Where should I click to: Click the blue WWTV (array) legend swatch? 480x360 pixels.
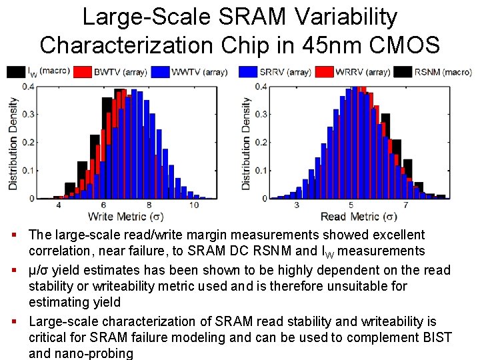[x=161, y=71]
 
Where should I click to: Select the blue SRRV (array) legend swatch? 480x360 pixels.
[x=248, y=71]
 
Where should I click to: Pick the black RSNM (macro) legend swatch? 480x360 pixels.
[x=403, y=71]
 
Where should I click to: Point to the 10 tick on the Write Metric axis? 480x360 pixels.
[x=193, y=205]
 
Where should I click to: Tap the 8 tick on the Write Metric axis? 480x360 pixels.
[x=148, y=205]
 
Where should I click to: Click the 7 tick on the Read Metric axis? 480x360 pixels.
[x=406, y=205]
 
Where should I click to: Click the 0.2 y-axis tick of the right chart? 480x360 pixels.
[x=261, y=143]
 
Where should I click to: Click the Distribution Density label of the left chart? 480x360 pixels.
[x=13, y=143]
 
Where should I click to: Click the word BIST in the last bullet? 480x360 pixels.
[x=435, y=337]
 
